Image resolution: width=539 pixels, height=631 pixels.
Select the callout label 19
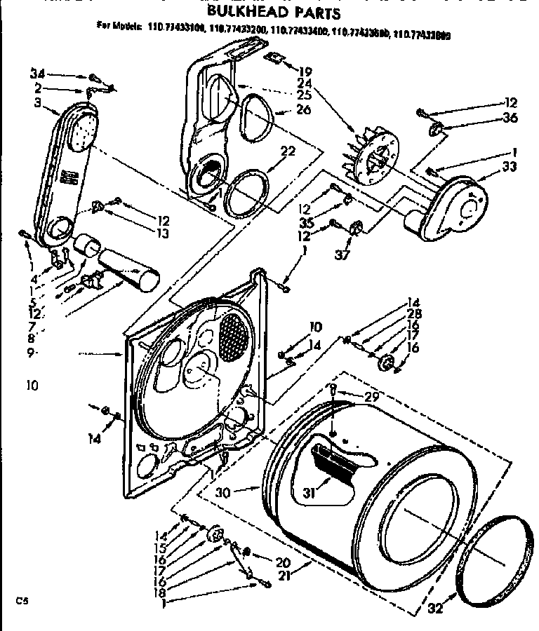tap(304, 70)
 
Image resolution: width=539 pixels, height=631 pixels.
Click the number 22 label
tap(287, 151)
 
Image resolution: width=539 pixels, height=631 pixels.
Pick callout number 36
tap(510, 117)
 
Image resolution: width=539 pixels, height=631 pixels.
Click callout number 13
tap(163, 233)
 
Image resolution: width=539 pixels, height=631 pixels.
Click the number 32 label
tap(435, 609)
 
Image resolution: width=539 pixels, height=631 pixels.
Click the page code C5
tap(23, 600)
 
